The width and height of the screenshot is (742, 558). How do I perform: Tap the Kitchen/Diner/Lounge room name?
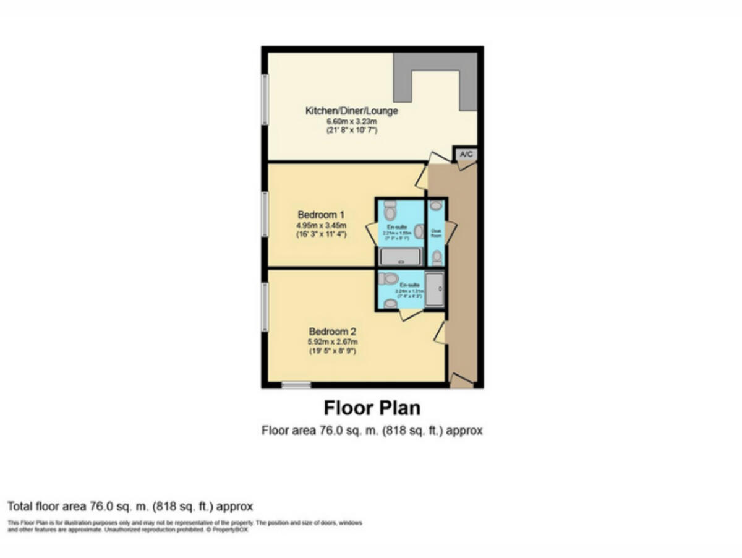tap(351, 111)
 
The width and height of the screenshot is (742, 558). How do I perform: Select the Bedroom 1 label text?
tap(321, 215)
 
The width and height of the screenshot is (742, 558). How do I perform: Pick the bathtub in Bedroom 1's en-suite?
tap(400, 257)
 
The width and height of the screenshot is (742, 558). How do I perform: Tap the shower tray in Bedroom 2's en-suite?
tap(435, 289)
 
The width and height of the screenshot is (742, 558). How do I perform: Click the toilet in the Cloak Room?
tap(437, 256)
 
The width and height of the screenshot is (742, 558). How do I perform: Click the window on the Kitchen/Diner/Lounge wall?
tap(264, 100)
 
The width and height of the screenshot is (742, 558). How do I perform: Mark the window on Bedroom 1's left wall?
tap(264, 214)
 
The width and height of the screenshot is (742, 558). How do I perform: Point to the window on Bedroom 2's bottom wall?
tap(296, 385)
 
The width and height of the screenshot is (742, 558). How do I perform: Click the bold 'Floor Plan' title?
tap(372, 408)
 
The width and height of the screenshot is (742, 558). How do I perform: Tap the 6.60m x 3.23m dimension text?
tap(351, 122)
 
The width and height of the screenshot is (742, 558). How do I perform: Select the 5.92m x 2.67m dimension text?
tap(333, 341)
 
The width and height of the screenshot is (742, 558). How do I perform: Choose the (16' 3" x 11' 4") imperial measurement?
tap(321, 234)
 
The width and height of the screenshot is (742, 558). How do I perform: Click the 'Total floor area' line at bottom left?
tap(130, 506)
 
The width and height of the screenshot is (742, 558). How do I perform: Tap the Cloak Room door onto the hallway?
tap(451, 231)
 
